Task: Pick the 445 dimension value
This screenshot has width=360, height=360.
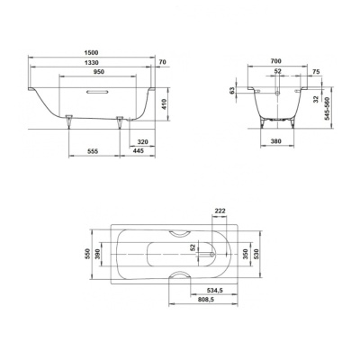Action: coord(138,152)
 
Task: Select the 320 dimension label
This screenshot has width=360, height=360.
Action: coord(142,141)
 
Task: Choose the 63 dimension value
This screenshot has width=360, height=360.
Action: coord(231,90)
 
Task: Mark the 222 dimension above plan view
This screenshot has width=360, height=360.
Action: coord(220,210)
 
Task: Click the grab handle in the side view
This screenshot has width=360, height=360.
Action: coord(94,90)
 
